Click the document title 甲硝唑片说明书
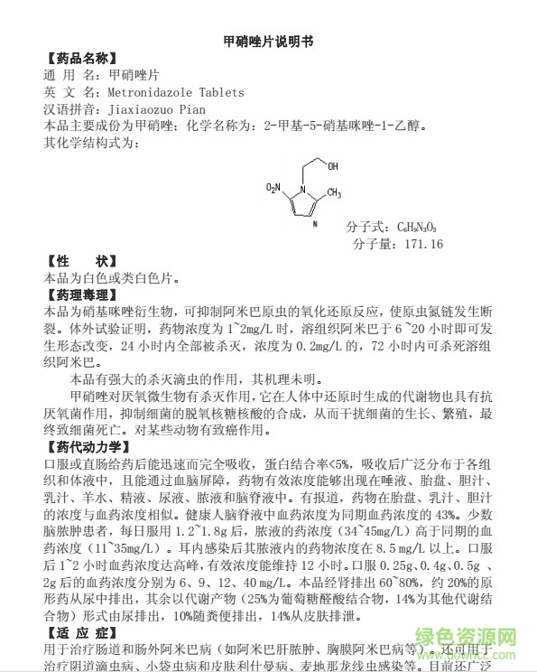click(x=267, y=42)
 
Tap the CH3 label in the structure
click(x=332, y=192)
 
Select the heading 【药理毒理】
click(x=80, y=294)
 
